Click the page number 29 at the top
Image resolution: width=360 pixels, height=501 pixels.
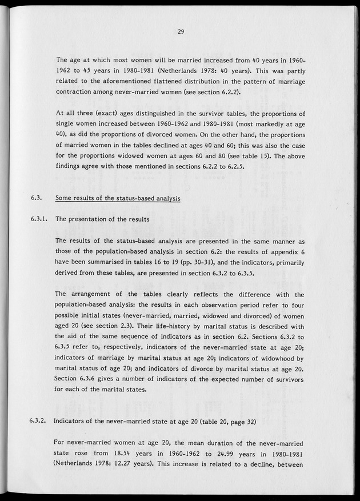pyautogui.click(x=180, y=32)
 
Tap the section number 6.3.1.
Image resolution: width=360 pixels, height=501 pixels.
pyautogui.click(x=39, y=219)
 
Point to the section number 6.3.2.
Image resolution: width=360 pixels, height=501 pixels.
pyautogui.click(x=39, y=422)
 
